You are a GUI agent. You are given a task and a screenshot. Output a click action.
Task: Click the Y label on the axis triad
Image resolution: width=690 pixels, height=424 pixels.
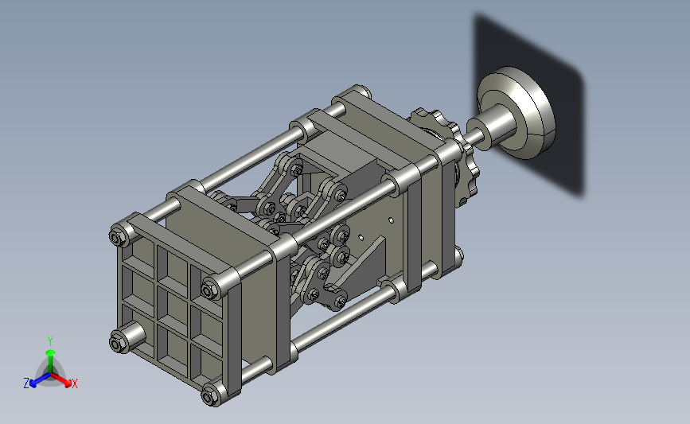pyautogui.click(x=50, y=341)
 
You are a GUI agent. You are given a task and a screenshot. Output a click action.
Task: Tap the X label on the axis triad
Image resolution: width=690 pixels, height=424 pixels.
pyautogui.click(x=74, y=383)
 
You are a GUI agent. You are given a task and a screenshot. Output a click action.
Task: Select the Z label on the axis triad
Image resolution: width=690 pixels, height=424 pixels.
pyautogui.click(x=26, y=383)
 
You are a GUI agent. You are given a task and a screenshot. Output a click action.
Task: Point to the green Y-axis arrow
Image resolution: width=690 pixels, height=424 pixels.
pyautogui.click(x=51, y=361)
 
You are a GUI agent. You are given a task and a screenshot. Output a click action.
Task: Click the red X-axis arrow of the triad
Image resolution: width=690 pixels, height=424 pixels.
pyautogui.click(x=61, y=380)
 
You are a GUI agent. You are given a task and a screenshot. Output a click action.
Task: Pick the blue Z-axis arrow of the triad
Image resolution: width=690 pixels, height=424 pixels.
pyautogui.click(x=40, y=380)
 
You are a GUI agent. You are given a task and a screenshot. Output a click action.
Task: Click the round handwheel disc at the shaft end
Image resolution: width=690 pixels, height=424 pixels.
pyautogui.click(x=517, y=113)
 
